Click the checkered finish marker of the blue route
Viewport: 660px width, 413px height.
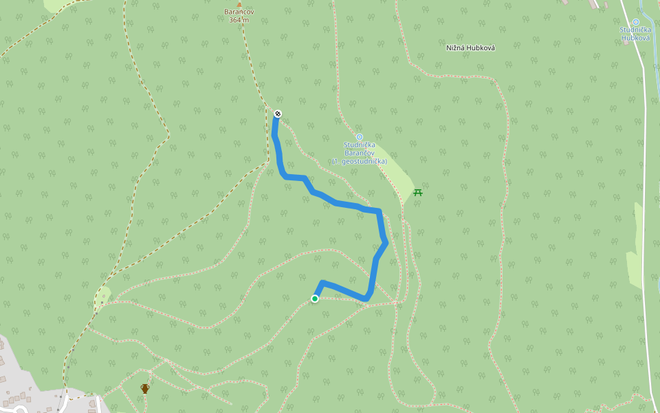[278, 114]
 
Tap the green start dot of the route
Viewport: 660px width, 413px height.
[315, 299]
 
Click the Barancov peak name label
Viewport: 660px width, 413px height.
[239, 12]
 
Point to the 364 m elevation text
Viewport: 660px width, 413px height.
[239, 20]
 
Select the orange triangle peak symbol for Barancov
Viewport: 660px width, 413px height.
[239, 4]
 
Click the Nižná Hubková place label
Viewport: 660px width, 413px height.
[471, 47]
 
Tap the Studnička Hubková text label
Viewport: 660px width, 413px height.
[635, 34]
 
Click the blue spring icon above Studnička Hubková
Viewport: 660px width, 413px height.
[636, 22]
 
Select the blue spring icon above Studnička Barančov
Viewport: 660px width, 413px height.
[359, 137]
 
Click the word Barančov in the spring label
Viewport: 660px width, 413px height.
[359, 153]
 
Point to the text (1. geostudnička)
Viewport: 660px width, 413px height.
[359, 161]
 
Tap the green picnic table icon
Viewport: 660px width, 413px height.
[418, 192]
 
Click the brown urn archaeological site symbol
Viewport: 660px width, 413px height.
[145, 388]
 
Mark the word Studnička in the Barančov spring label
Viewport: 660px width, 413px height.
[359, 145]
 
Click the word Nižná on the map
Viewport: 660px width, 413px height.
[456, 47]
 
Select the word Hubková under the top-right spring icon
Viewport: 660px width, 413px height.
[635, 38]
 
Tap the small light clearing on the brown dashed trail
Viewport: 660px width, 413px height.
[102, 297]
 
